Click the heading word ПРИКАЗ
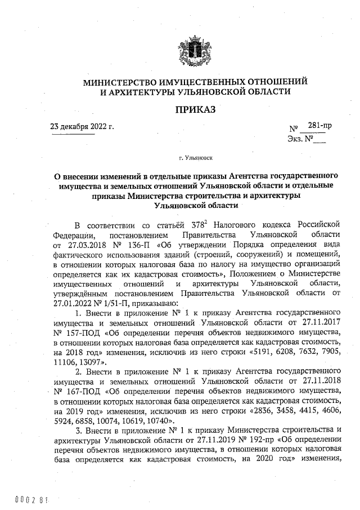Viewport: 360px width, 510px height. [195, 109]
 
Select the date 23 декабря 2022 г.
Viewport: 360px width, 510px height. [82, 126]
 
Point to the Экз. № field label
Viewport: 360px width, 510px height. [300, 138]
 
